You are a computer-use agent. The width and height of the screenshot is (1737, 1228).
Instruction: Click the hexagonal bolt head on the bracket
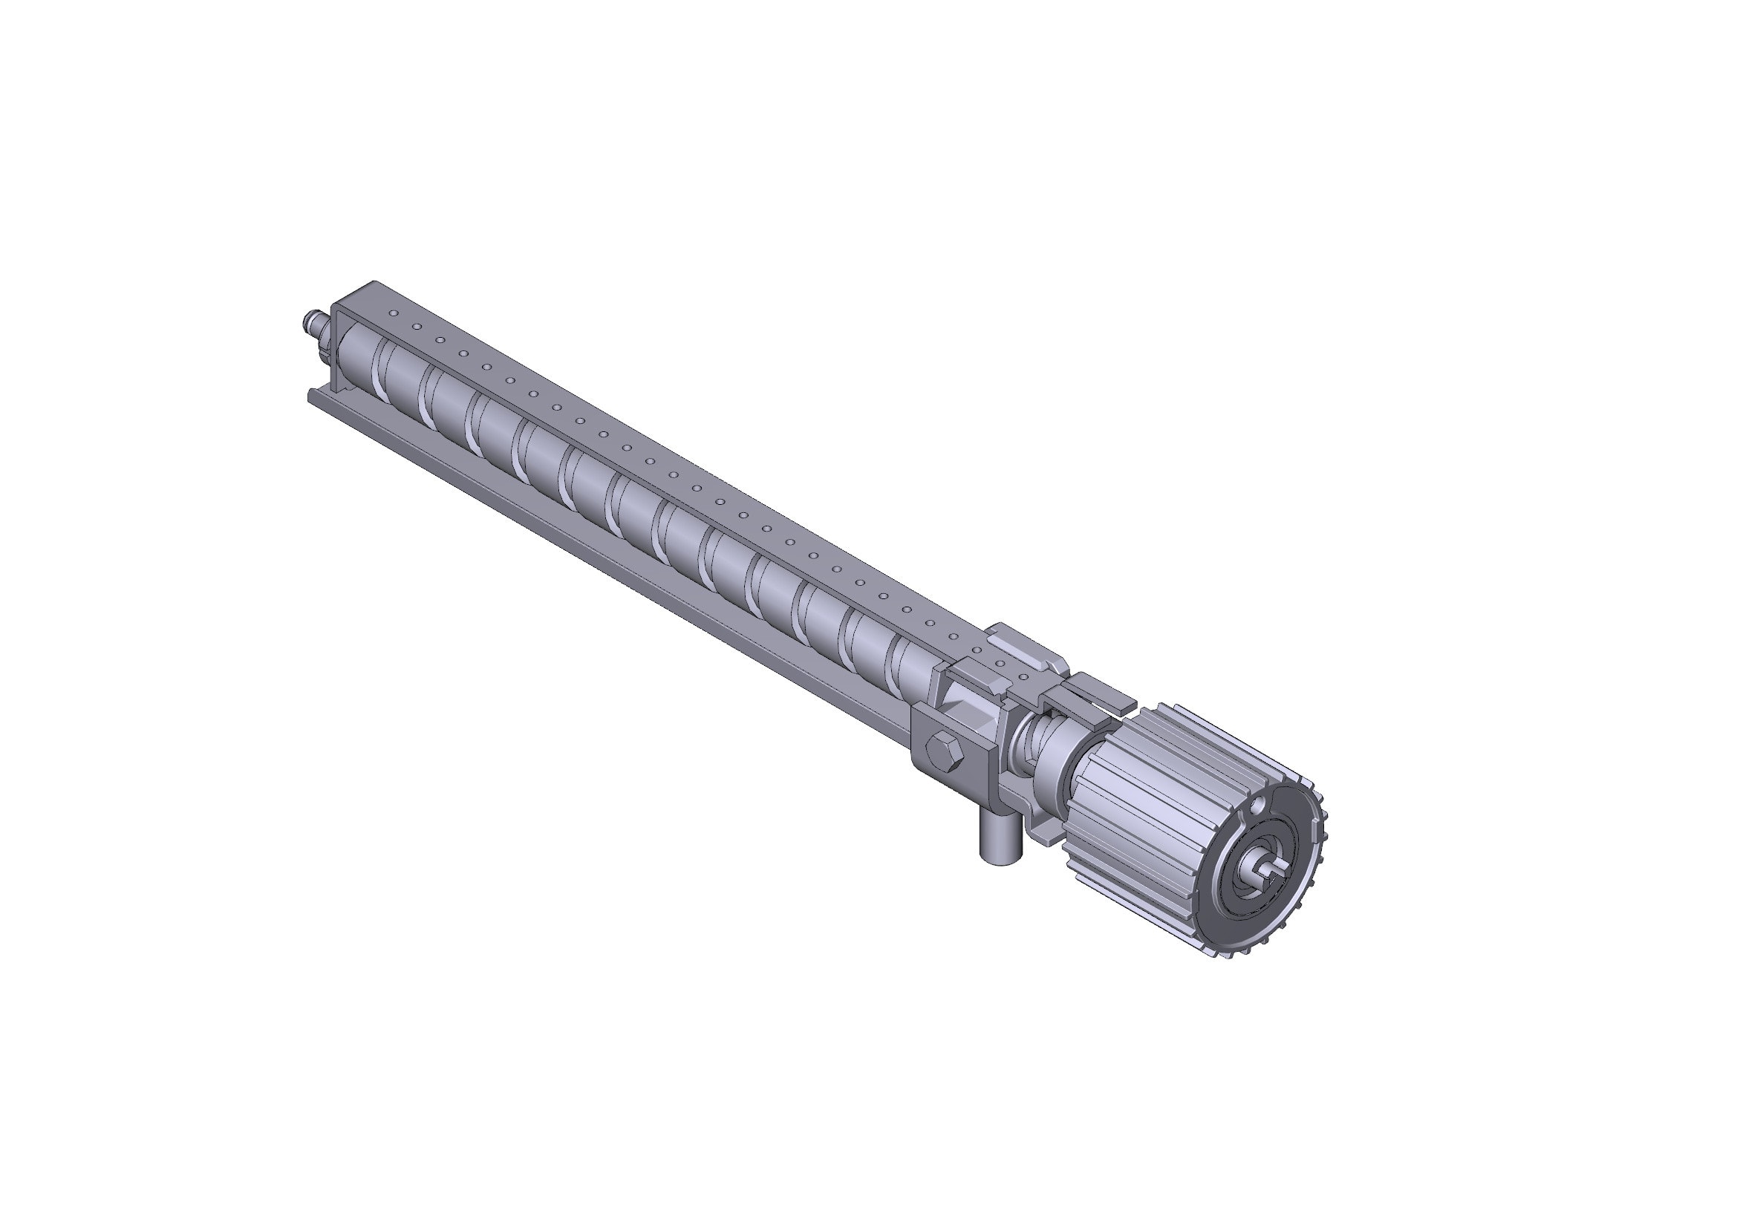coord(943,748)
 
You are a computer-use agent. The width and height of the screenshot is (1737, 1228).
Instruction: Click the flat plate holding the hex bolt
coord(961,764)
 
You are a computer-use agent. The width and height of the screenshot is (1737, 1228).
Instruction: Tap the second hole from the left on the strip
coord(416,326)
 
